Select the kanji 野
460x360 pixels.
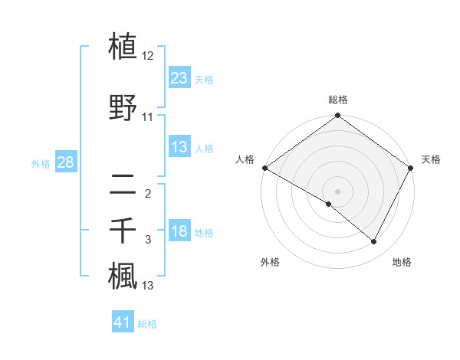coord(123,108)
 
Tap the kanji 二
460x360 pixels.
coord(123,185)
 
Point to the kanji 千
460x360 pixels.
coord(123,231)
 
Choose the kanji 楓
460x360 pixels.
coord(123,277)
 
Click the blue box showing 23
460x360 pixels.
coord(179,78)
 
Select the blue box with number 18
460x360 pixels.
coord(179,232)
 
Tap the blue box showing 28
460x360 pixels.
coord(65,162)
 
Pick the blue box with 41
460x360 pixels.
coord(123,322)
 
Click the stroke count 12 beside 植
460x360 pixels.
coord(148,57)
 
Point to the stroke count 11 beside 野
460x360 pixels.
coord(148,118)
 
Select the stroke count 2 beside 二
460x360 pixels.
coord(148,194)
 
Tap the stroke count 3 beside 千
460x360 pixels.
coord(148,241)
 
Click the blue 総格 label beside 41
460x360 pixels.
coord(147,324)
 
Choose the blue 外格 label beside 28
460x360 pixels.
coord(41,163)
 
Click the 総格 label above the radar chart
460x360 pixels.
coord(337,100)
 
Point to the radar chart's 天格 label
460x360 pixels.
coord(431,159)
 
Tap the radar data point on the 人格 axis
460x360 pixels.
coord(264,168)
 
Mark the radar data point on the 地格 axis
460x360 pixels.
coord(374,242)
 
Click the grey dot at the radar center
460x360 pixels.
coord(337,191)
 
